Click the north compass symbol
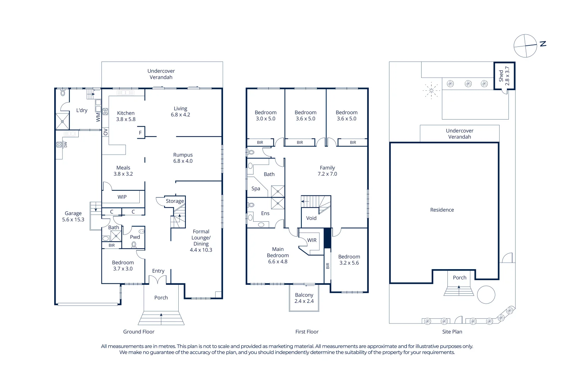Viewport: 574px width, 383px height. coord(525,46)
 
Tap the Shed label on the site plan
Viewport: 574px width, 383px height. coord(504,76)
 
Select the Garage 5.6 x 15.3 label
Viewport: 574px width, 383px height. coord(73,216)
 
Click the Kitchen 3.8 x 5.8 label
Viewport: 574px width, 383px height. coord(126,116)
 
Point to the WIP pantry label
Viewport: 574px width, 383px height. coord(122,197)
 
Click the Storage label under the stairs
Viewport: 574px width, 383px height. coord(175,201)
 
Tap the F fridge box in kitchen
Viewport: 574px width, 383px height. coord(140,133)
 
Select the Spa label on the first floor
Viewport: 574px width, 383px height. coord(256,189)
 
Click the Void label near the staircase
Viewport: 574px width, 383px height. coord(311,218)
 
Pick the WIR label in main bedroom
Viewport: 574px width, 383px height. coord(312,240)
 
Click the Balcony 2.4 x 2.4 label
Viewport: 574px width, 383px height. coord(304,298)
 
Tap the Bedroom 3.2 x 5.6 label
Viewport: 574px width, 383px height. coord(349,260)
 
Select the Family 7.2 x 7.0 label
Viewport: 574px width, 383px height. coord(327,171)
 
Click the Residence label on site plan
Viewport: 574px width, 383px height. coord(442,210)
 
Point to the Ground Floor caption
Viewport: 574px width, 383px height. coord(139,332)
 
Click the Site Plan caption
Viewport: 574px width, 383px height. coord(452,332)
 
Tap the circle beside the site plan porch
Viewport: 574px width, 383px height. coord(486,295)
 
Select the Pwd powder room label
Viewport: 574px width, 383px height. coord(135,237)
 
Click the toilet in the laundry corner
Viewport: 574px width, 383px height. coord(63,93)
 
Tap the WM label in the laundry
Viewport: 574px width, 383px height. coord(98,117)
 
